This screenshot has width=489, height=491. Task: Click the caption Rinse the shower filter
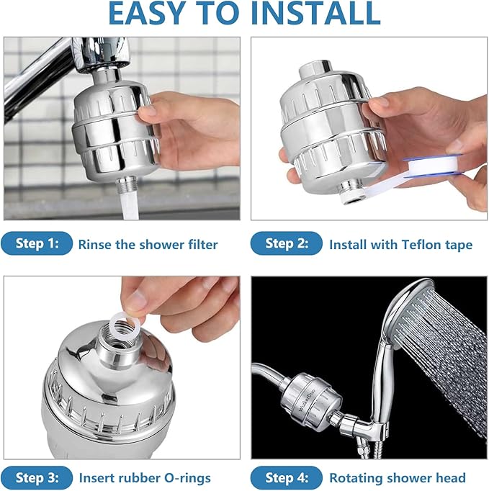[x=148, y=245]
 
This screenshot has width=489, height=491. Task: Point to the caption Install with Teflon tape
[x=400, y=245]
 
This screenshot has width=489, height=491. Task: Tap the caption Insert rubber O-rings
[x=144, y=477]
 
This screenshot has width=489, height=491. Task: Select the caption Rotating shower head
[x=398, y=477]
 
